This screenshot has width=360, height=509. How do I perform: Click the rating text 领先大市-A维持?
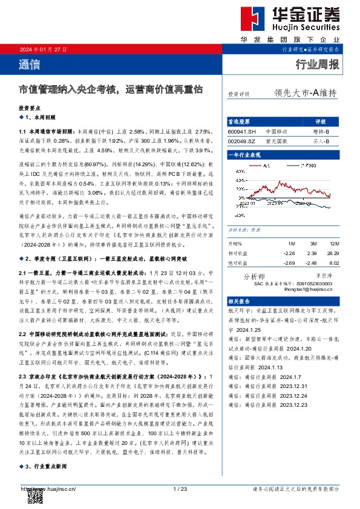click(305, 93)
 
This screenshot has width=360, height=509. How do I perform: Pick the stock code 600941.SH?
click(242, 131)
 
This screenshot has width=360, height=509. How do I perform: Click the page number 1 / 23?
click(180, 489)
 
